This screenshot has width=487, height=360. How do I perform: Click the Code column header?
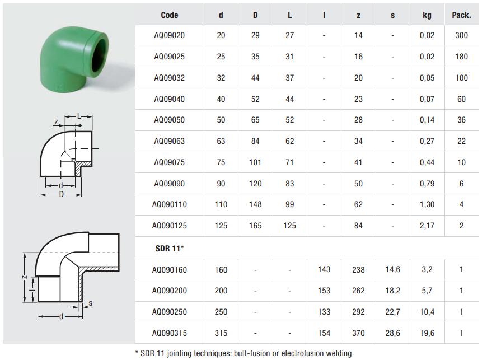pyautogui.click(x=169, y=15)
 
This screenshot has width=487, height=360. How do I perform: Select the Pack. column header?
pyautogui.click(x=461, y=15)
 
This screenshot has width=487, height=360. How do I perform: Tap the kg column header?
pyautogui.click(x=427, y=15)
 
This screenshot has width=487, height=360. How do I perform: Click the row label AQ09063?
pyautogui.click(x=169, y=141)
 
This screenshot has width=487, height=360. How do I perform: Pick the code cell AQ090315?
pyautogui.click(x=169, y=333)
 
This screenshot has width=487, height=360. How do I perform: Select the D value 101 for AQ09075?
pyautogui.click(x=255, y=162)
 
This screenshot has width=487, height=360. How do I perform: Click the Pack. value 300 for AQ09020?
pyautogui.click(x=461, y=35)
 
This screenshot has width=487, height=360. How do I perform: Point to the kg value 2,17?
pyautogui.click(x=427, y=226)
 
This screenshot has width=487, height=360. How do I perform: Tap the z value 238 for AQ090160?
pyautogui.click(x=358, y=270)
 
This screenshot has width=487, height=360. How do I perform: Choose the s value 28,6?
pyautogui.click(x=392, y=333)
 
